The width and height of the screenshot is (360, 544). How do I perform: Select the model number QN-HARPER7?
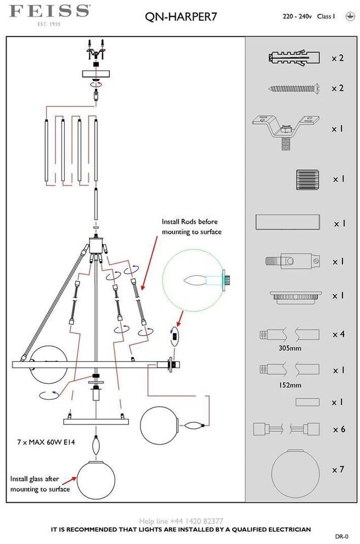(181, 17)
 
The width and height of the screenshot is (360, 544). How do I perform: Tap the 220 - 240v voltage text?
(297, 17)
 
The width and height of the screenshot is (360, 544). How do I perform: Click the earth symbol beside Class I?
(348, 17)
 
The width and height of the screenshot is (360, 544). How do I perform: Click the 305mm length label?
(290, 348)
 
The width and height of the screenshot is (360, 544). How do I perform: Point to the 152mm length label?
(290, 385)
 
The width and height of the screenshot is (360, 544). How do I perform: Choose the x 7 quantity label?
(338, 470)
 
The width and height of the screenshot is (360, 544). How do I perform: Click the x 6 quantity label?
(338, 429)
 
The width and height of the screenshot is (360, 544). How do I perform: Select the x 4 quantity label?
(338, 334)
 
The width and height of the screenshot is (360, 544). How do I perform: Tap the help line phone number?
(181, 521)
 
